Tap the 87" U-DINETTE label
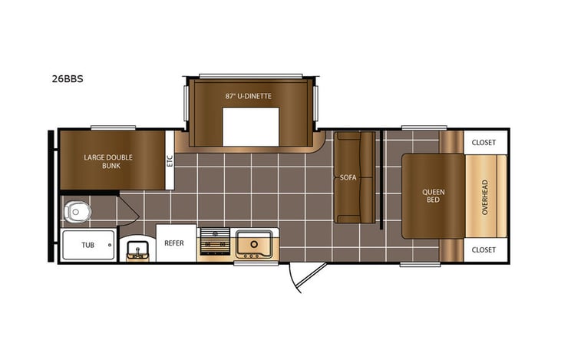coord(249,96)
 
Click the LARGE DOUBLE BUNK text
coord(108,161)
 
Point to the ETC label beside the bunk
coord(170,160)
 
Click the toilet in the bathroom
coord(77,210)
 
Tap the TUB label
coord(89,246)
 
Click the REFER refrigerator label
coord(174,243)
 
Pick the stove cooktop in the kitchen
coord(214,243)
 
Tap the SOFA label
coord(348,177)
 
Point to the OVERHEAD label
coord(484,197)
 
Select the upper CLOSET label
coord(483,142)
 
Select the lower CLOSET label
coord(483,249)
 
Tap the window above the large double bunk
coord(113,127)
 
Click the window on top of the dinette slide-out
coord(250,75)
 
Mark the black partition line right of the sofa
coord(381,179)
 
